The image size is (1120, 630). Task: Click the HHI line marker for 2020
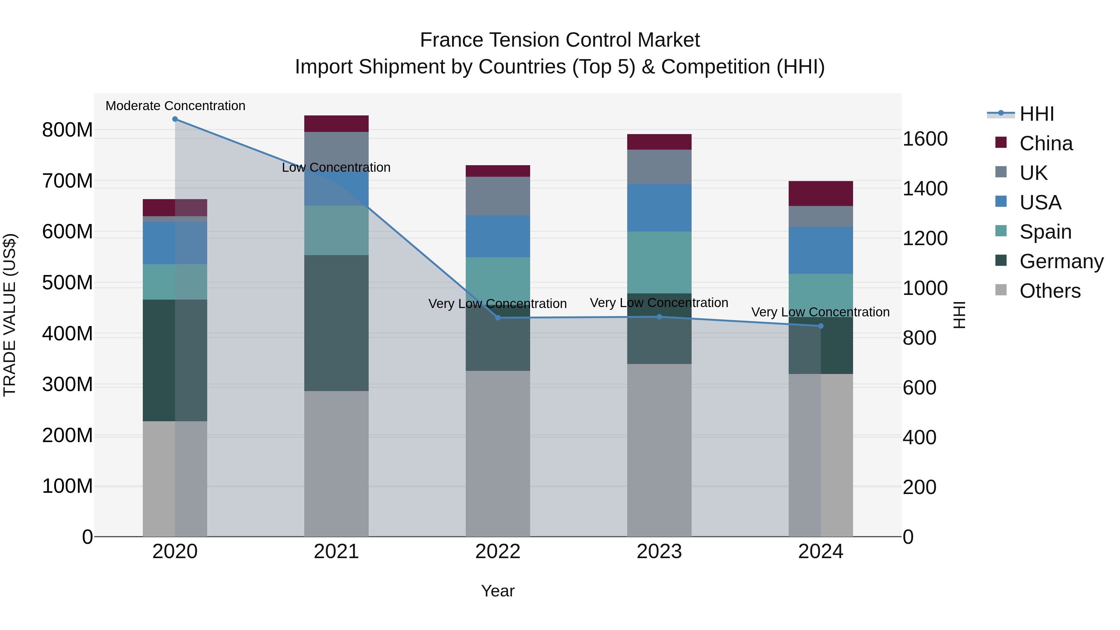point(175,119)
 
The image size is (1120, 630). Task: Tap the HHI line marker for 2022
point(498,318)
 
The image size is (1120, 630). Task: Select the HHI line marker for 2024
point(820,326)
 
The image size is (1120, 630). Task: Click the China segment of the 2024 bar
point(820,194)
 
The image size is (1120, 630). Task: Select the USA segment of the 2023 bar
point(659,208)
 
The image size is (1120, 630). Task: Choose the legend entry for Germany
point(1061,261)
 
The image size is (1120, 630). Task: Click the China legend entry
point(1046,143)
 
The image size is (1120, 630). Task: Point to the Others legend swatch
point(1001,290)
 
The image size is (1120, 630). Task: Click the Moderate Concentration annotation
point(175,106)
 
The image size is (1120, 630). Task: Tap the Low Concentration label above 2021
point(336,167)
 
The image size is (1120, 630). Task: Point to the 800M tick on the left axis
point(68,130)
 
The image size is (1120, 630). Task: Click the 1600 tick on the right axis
point(925,139)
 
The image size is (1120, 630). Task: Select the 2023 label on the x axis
point(659,552)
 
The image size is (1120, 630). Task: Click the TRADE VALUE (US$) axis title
point(10,315)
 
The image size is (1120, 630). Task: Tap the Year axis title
point(497,591)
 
